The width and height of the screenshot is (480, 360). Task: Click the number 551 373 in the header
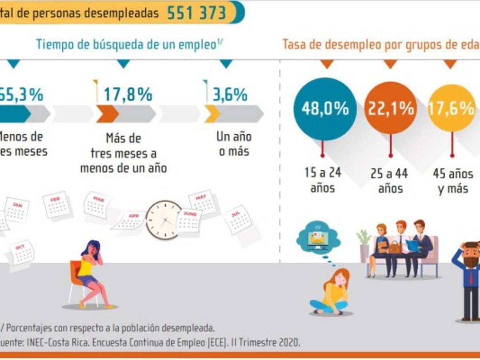(x=196, y=13)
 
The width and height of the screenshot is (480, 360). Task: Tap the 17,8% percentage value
(x=128, y=95)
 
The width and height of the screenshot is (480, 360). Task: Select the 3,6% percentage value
(x=230, y=95)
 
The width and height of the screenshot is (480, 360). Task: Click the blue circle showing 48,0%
(x=325, y=109)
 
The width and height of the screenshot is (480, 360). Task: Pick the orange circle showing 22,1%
(x=391, y=109)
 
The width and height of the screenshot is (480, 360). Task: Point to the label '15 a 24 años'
(x=322, y=181)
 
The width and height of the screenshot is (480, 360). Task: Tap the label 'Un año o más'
(x=234, y=144)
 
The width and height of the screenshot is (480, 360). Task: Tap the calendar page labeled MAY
(x=202, y=202)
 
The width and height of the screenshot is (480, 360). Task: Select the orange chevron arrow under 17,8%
(x=107, y=114)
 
